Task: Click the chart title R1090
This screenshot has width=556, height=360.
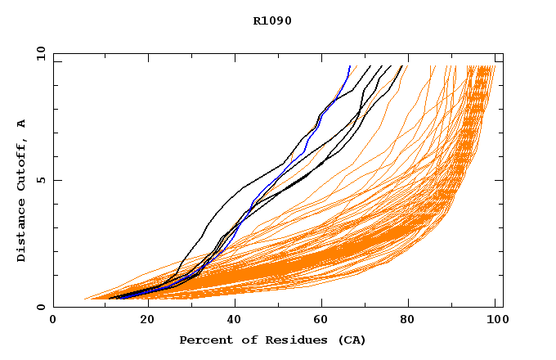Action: [x=272, y=20]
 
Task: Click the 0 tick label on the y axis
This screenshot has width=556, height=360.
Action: [x=41, y=307]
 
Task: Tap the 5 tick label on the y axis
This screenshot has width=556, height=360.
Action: [x=41, y=180]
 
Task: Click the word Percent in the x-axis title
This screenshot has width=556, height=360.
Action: [x=202, y=340]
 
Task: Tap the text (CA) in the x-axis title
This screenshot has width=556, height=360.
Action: [x=352, y=340]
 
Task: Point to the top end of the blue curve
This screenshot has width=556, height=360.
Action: [x=350, y=66]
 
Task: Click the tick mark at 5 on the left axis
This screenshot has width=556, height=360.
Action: [x=56, y=180]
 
